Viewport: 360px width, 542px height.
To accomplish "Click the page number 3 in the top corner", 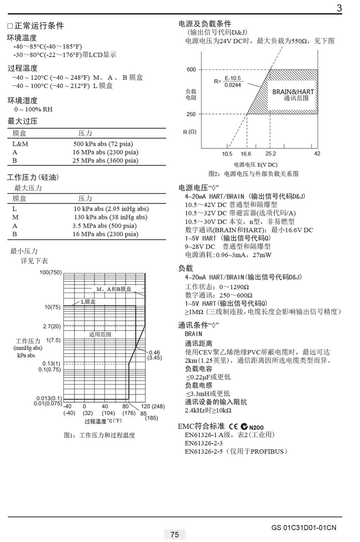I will pyautogui.click(x=339, y=8).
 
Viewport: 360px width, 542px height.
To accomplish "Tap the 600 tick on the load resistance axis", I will pyautogui.click(x=191, y=70).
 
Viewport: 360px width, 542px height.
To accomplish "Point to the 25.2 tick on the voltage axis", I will pyautogui.click(x=270, y=154).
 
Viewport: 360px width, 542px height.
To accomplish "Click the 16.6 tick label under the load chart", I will pyautogui.click(x=246, y=154).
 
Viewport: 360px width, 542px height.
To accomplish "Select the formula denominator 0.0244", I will pyautogui.click(x=233, y=85).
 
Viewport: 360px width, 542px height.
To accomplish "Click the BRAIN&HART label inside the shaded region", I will pyautogui.click(x=293, y=92).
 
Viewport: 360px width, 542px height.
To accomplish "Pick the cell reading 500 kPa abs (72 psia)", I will pyautogui.click(x=103, y=144).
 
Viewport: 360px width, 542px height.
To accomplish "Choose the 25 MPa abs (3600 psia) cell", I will pyautogui.click(x=105, y=161).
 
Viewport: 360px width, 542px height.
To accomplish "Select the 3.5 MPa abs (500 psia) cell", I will pyautogui.click(x=104, y=226).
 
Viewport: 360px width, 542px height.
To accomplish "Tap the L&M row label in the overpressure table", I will pyautogui.click(x=20, y=144).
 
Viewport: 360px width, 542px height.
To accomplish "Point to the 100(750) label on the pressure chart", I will pyautogui.click(x=50, y=273).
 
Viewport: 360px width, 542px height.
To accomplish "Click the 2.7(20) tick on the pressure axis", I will pyautogui.click(x=52, y=327).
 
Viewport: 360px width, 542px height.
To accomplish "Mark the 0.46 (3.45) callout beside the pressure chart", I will pyautogui.click(x=154, y=355).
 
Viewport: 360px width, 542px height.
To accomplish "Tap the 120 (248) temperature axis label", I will pyautogui.click(x=153, y=407).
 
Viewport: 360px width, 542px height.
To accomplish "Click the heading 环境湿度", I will pyautogui.click(x=22, y=100).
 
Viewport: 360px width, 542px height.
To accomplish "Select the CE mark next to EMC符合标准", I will pyautogui.click(x=233, y=427).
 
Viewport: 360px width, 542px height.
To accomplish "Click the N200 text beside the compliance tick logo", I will pyautogui.click(x=256, y=428).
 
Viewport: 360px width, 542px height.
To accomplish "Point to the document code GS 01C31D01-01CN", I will pyautogui.click(x=304, y=528).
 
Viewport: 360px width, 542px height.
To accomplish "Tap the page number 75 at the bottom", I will pyautogui.click(x=175, y=535).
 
